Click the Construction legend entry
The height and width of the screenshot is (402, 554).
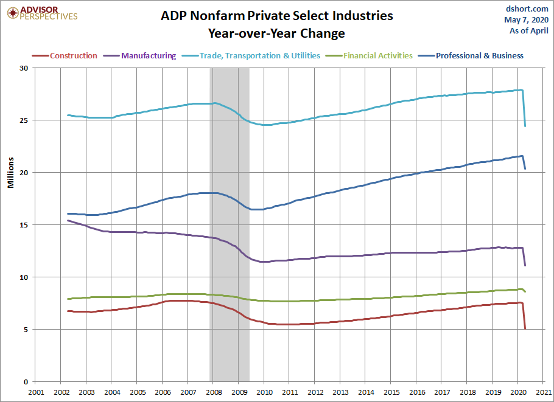pos(65,56)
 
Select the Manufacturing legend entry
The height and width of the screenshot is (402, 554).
pos(140,56)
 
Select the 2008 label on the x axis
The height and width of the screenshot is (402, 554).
pos(214,392)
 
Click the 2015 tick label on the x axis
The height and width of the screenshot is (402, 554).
pos(391,392)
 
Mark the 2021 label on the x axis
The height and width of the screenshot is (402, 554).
pos(544,392)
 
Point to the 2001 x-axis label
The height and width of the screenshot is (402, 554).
pos(36,392)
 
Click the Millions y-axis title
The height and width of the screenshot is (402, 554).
pos(10,173)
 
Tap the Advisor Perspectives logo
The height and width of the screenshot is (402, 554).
pos(43,13)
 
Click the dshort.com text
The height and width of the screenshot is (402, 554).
pos(527,9)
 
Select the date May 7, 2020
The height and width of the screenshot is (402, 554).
pos(527,19)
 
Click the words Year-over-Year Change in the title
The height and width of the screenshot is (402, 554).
pos(276,33)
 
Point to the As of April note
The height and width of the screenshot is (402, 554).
pos(529,30)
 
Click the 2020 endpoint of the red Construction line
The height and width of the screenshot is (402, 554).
pos(525,329)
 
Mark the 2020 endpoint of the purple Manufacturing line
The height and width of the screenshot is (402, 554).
pos(525,265)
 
